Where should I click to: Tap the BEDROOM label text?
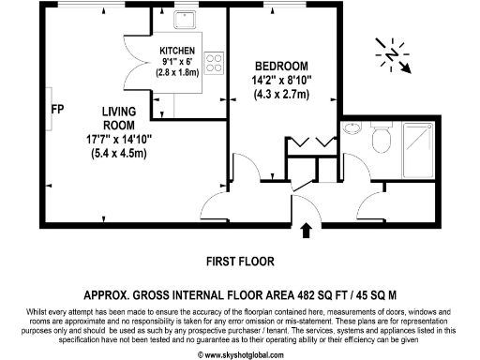click(282, 66)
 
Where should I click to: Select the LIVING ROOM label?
click(119, 118)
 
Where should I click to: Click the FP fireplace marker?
click(57, 108)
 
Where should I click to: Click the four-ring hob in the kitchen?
click(215, 63)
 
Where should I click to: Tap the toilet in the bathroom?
click(379, 139)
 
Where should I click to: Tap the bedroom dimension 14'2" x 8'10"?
click(282, 80)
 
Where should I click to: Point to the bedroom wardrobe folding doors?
click(309, 142)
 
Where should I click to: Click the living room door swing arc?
click(240, 172)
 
